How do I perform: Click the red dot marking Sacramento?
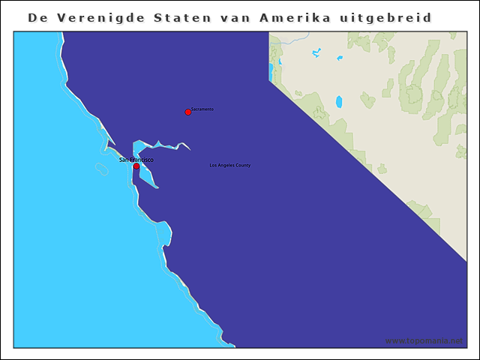[x=187, y=112]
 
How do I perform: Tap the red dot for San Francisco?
[x=136, y=166]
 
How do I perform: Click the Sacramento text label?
[x=202, y=109]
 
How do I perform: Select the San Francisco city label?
[x=136, y=160]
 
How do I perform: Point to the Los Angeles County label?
[x=230, y=165]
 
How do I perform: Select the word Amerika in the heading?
[x=295, y=16]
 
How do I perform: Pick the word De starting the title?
[x=37, y=16]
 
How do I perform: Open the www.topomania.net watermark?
[x=424, y=340]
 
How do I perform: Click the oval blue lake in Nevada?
[x=339, y=101]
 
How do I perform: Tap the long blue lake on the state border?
[x=271, y=71]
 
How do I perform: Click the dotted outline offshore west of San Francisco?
[x=101, y=169]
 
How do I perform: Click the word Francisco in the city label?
[x=142, y=160]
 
